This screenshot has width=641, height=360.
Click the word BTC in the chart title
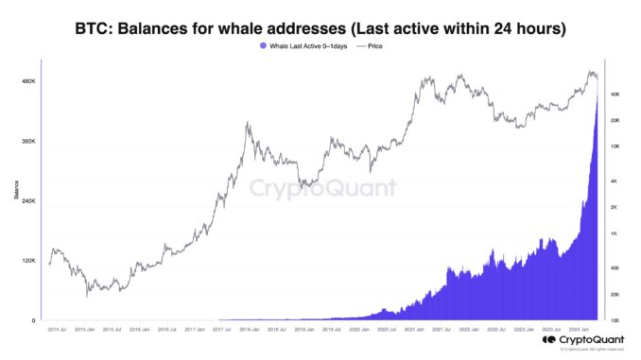[93, 29]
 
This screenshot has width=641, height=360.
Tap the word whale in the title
[278, 29]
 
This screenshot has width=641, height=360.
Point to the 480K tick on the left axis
[28, 81]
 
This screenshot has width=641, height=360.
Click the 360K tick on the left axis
[28, 142]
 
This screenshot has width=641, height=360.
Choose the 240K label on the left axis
[28, 201]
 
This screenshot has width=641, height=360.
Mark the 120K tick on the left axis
[28, 261]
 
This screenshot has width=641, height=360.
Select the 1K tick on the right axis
[615, 233]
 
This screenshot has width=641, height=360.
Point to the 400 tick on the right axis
[615, 268]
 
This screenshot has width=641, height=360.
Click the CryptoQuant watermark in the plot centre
[321, 187]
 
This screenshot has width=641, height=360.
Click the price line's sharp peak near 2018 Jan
[247, 122]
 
